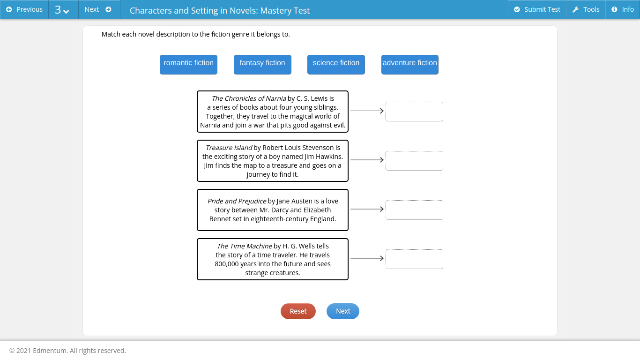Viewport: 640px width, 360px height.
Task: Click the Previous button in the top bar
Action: (24, 9)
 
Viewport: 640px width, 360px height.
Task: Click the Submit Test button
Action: (537, 9)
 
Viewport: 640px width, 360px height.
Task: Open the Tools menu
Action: (586, 9)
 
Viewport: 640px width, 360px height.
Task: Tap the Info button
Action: (623, 9)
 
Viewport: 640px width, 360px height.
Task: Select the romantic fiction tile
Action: (188, 65)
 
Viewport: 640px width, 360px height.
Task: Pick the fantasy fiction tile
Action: (262, 65)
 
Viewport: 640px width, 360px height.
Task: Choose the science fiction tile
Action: (336, 65)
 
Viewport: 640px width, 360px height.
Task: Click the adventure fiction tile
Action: (409, 65)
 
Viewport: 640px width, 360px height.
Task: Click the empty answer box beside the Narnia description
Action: (414, 112)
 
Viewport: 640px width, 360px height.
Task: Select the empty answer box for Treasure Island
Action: (414, 161)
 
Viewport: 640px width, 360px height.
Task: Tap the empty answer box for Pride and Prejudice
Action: (414, 210)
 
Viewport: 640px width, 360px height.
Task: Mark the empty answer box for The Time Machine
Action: (414, 259)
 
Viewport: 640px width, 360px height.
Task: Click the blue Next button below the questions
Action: (343, 311)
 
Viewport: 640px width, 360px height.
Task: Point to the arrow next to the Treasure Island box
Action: (367, 160)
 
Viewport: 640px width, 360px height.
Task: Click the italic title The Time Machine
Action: (244, 246)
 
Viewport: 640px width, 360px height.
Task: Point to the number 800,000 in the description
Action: (227, 264)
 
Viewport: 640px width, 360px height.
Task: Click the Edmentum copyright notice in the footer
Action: (67, 351)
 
